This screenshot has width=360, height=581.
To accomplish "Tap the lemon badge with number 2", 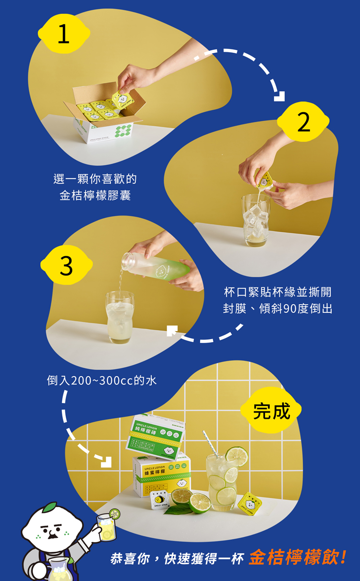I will [303, 123].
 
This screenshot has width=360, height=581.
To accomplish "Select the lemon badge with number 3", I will [66, 265].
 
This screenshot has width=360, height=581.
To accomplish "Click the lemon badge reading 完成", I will [272, 411].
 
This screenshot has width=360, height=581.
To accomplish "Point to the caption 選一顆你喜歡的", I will [95, 179].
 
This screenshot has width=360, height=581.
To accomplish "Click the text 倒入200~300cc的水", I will [102, 380].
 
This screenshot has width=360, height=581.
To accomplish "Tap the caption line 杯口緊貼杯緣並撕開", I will [277, 292].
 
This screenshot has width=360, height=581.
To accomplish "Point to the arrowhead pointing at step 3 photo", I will [172, 331].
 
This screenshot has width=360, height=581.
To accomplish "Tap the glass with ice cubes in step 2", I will [256, 221].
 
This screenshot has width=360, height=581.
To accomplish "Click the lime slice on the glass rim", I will [237, 456].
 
